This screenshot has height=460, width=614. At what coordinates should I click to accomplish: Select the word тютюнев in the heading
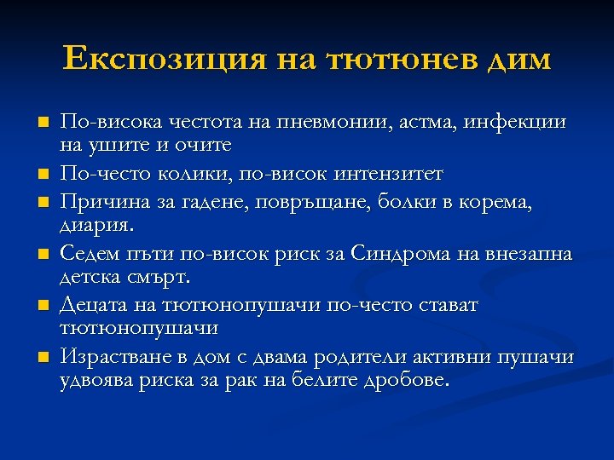(393, 59)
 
